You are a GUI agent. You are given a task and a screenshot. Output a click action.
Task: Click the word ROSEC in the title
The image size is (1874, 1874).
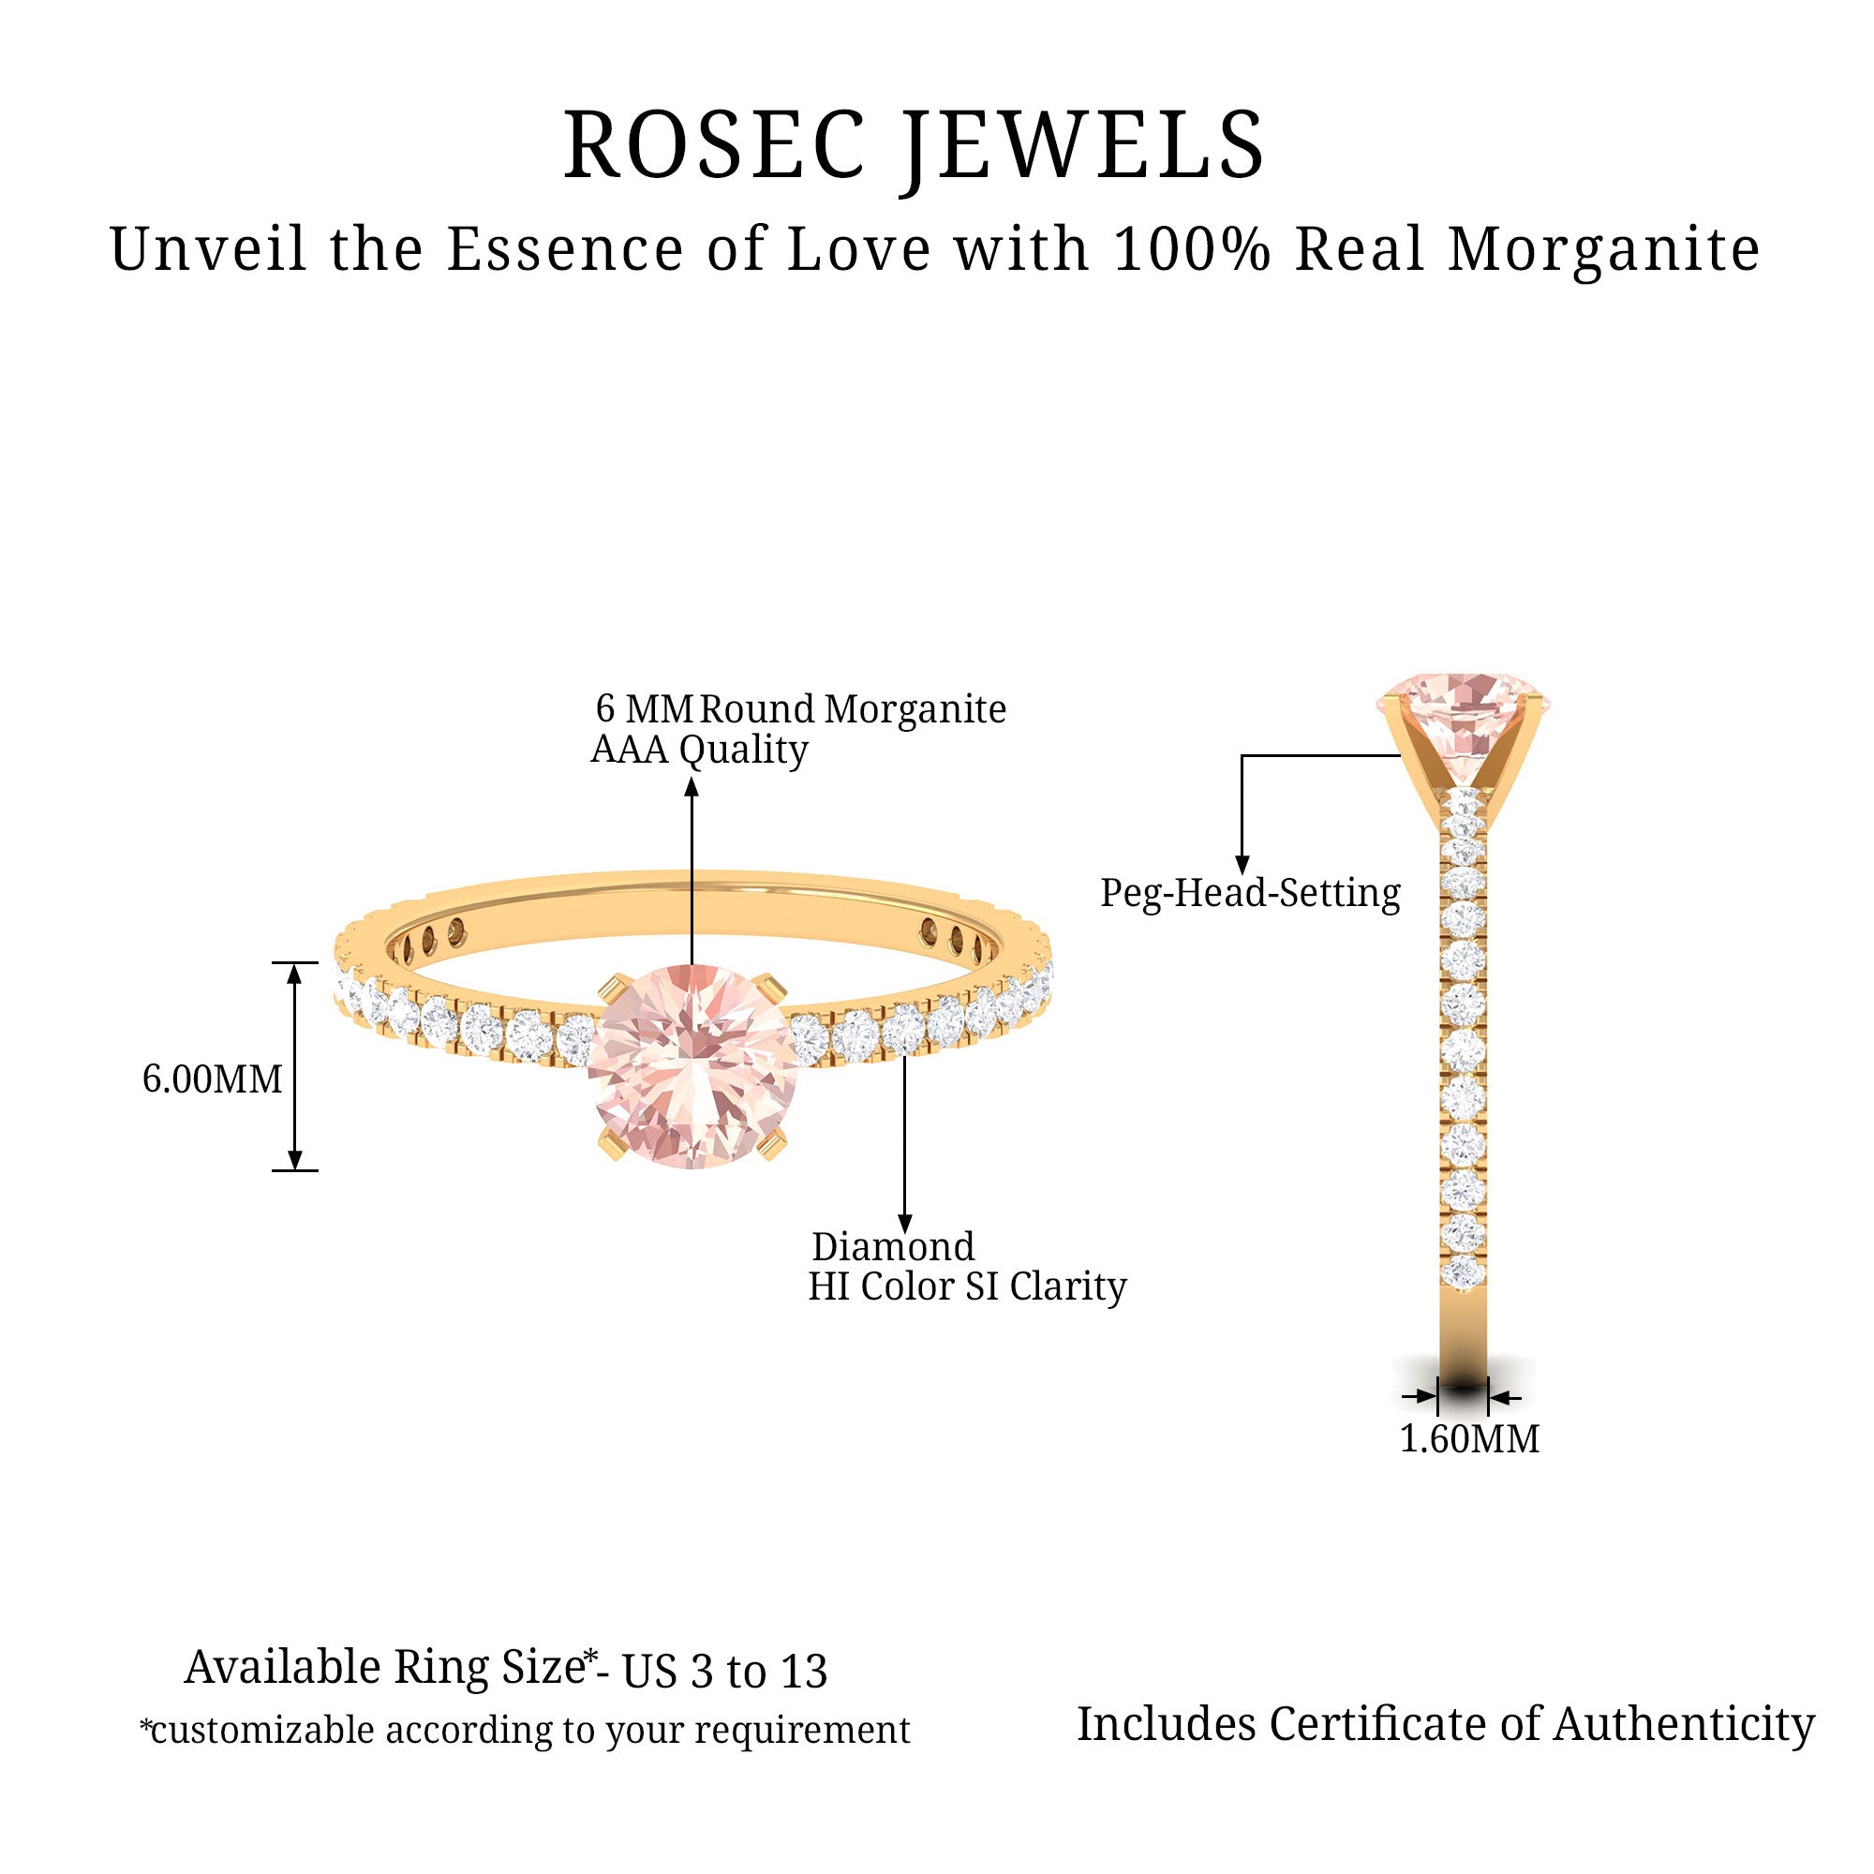click(x=714, y=145)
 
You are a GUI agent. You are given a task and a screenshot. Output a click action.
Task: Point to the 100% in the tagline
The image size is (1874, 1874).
click(x=1192, y=249)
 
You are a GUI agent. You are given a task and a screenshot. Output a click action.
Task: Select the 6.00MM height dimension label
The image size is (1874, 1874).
click(x=213, y=1079)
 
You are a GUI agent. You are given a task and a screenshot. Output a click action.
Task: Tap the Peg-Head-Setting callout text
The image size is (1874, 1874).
click(x=1250, y=893)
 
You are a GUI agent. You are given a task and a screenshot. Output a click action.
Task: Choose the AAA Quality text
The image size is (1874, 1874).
click(x=699, y=750)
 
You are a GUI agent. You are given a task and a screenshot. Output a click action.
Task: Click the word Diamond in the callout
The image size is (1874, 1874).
click(x=893, y=1247)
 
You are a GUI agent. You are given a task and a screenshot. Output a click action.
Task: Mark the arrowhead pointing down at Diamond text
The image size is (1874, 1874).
click(x=905, y=1224)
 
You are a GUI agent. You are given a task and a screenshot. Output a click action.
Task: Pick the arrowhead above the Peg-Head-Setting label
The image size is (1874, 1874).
click(x=1242, y=865)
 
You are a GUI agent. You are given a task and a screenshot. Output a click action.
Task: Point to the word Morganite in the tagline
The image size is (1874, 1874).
click(x=1604, y=250)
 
